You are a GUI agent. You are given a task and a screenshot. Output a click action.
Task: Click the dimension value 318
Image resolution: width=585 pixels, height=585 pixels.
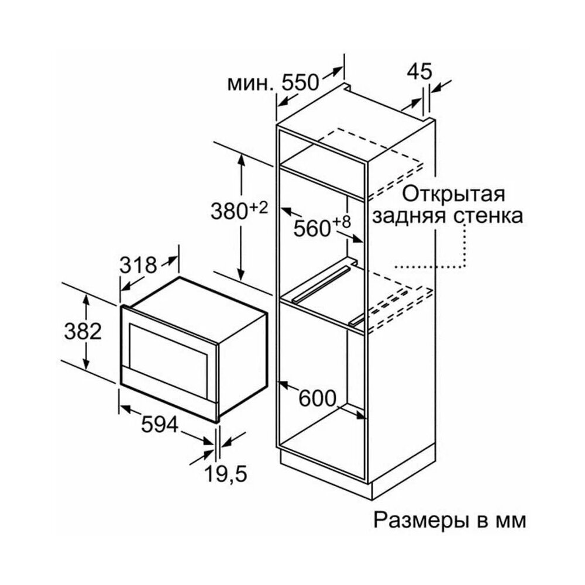coord(139,265)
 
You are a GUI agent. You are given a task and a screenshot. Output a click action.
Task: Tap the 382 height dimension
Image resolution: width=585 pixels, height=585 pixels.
coord(83,332)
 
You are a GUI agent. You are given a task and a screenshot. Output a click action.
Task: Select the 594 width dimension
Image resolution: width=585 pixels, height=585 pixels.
coord(159,426)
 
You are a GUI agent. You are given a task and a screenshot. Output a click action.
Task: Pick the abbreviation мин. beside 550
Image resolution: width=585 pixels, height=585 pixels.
coord(250,84)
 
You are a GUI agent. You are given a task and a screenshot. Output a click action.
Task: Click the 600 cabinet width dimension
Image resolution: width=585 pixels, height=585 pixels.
coord(317,398)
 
